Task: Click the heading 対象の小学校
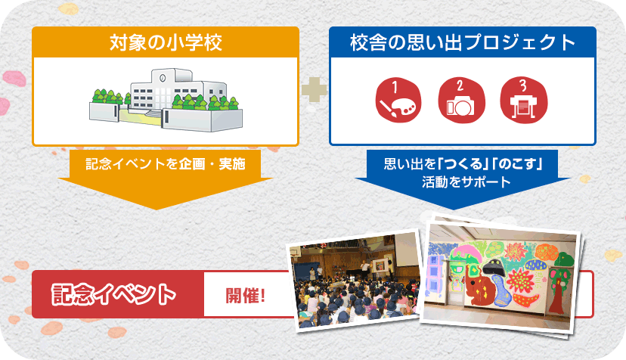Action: tap(166, 42)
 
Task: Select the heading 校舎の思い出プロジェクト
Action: tap(463, 42)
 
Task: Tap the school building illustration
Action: tap(166, 100)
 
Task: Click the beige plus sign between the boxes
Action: tap(315, 89)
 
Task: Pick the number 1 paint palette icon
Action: tap(398, 100)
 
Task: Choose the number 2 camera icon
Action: tap(461, 100)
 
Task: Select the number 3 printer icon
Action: tap(524, 100)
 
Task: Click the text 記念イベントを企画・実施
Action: tap(166, 164)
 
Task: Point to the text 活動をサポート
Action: tap(466, 182)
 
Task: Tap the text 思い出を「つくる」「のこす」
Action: tap(463, 164)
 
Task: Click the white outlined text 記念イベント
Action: tap(113, 294)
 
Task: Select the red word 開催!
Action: tap(246, 296)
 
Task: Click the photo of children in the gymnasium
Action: tap(355, 281)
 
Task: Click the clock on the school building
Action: tap(163, 77)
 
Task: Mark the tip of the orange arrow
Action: tap(157, 209)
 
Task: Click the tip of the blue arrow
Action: tap(453, 209)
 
